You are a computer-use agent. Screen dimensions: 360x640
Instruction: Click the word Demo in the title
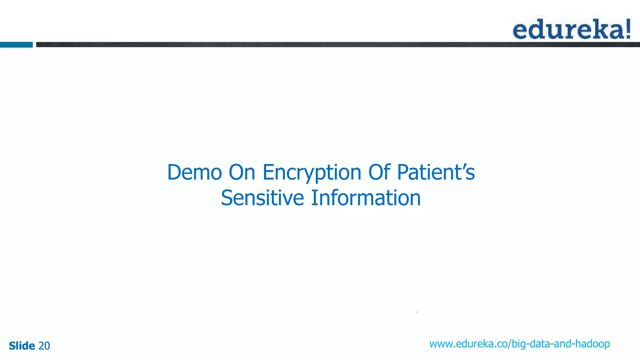(194, 172)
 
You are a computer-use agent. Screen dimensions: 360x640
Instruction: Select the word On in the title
(242, 172)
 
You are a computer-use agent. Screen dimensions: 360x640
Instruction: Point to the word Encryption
(312, 173)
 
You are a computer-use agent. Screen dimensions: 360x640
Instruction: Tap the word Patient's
(436, 172)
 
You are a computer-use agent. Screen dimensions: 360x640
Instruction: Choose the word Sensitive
(262, 198)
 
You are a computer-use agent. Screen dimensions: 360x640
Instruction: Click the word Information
(366, 198)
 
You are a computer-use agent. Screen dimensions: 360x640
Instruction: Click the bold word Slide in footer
(22, 346)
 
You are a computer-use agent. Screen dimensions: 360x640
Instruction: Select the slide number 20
(44, 346)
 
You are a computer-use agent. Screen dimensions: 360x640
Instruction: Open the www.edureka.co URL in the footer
(519, 344)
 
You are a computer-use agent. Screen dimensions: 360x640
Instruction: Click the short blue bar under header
(16, 45)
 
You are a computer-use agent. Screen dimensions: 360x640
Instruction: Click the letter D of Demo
(174, 172)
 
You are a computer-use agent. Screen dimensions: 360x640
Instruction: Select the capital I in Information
(314, 198)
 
